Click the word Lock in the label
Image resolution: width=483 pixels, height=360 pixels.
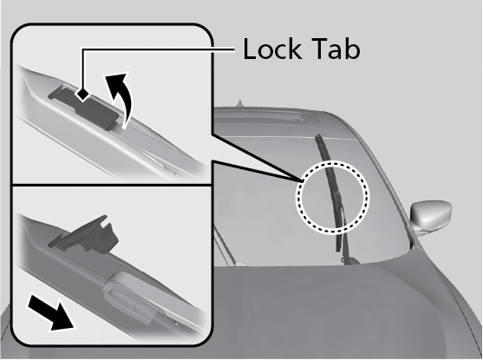tap(272, 49)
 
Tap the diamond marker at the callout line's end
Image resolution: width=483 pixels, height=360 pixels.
tap(82, 94)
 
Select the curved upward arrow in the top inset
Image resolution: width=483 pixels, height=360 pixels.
tap(121, 99)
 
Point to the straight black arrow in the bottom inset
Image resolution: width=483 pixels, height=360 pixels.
tap(51, 312)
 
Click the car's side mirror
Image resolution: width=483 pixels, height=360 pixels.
tap(431, 216)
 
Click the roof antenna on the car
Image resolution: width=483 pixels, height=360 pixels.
tap(239, 104)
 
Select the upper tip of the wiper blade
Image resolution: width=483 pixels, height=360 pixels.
tap(317, 135)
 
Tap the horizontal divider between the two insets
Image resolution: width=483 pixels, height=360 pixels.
tap(112, 185)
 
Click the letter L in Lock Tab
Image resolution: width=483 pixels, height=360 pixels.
tap(250, 49)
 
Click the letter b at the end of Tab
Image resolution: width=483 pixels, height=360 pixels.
tap(353, 49)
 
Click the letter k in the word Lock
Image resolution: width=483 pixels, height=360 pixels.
tap(295, 49)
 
